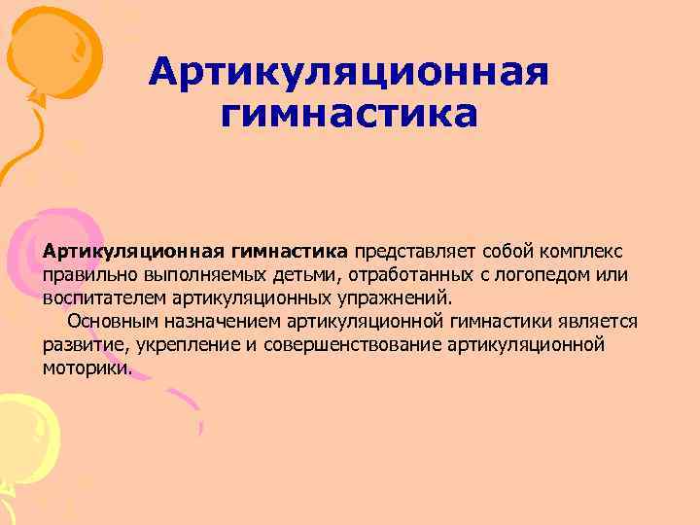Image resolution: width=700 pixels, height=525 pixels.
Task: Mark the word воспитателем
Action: click(104, 298)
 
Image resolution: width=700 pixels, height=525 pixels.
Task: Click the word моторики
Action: click(85, 368)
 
